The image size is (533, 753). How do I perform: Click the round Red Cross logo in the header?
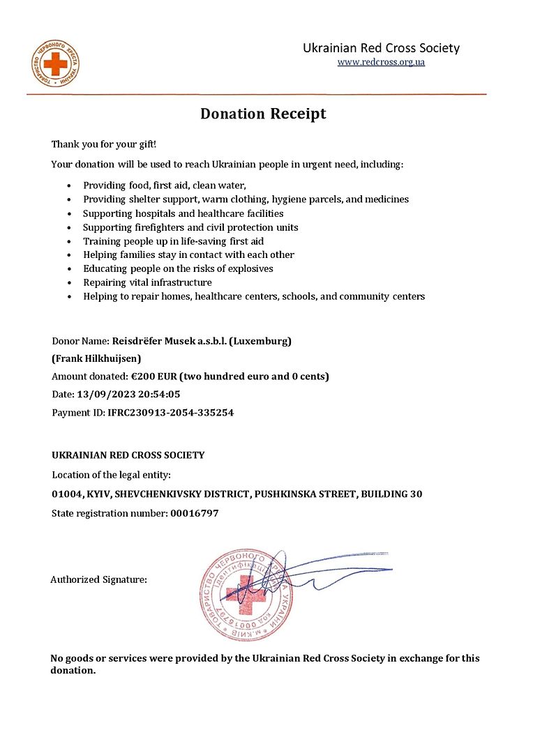[56, 64]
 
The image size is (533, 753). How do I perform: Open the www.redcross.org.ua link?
[381, 62]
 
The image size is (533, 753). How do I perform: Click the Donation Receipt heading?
[263, 114]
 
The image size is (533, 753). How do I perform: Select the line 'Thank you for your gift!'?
[104, 144]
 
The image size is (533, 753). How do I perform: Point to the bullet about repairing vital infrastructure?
[147, 282]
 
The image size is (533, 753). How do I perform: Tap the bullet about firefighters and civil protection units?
[190, 227]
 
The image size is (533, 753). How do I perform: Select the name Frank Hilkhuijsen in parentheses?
[97, 358]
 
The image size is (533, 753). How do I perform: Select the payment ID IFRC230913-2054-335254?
[170, 413]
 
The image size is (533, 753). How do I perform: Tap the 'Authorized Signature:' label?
[98, 579]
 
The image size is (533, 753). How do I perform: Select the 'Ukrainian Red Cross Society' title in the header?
[381, 48]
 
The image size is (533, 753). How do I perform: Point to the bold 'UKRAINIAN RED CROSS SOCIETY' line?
[128, 455]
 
